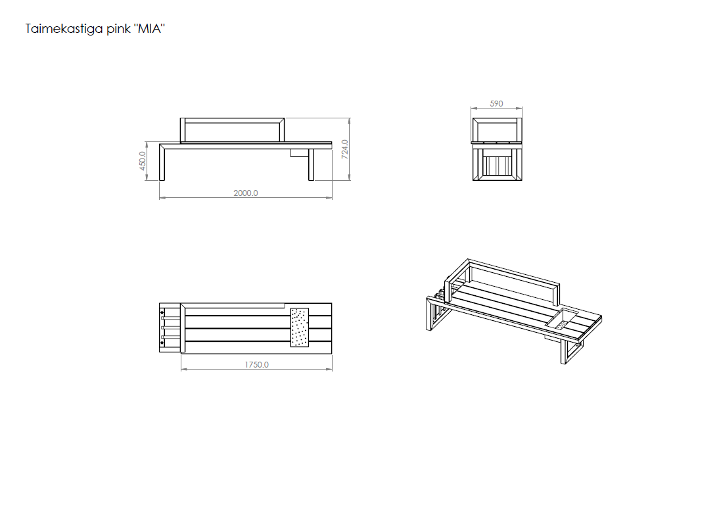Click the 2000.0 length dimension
(246, 193)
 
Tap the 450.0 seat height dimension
(143, 161)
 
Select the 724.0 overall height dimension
(345, 149)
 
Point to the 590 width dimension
(497, 104)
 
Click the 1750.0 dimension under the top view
(256, 365)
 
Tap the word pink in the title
(119, 30)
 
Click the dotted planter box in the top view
(300, 327)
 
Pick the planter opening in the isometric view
(562, 320)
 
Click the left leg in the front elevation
(162, 163)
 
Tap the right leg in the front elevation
(311, 164)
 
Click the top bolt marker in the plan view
(162, 312)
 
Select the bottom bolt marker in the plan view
(162, 344)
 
